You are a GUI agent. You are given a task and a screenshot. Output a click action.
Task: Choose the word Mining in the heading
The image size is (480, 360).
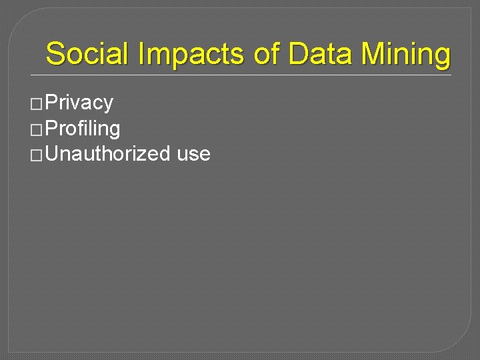click(x=405, y=53)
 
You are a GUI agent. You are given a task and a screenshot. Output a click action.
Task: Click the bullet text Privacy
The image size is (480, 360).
click(x=80, y=103)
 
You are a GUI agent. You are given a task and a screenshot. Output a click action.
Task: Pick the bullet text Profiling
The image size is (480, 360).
click(x=83, y=128)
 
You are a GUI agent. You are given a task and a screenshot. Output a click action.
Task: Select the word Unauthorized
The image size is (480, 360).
click(x=109, y=154)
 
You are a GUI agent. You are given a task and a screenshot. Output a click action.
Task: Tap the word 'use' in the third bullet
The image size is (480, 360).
click(x=194, y=154)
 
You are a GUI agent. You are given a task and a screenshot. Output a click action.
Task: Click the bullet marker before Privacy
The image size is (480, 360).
click(x=37, y=103)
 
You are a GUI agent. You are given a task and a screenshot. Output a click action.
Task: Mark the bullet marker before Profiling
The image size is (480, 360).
click(x=37, y=129)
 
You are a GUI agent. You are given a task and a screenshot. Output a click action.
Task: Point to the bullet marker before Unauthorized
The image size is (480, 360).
click(x=37, y=155)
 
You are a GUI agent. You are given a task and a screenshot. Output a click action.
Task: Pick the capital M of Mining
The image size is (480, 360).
click(x=373, y=53)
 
